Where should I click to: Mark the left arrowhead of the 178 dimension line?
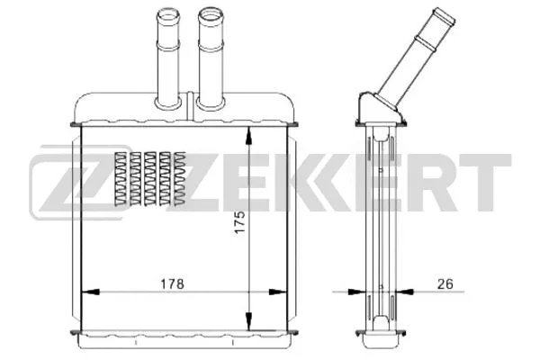click(x=87, y=292)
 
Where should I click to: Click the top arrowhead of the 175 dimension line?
click(x=248, y=131)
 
